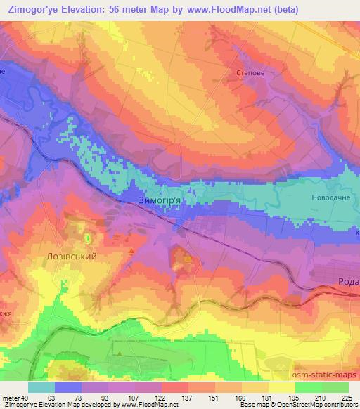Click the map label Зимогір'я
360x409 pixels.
(x=160, y=200)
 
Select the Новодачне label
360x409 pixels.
(x=330, y=197)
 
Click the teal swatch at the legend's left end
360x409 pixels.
(x=41, y=387)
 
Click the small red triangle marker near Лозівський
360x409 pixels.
(x=131, y=249)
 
